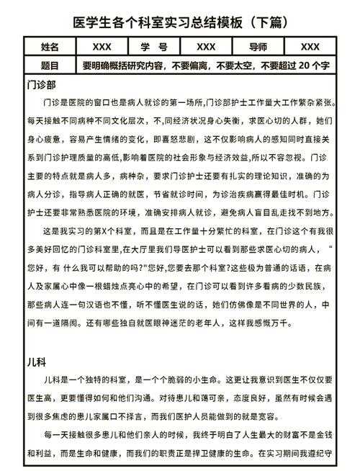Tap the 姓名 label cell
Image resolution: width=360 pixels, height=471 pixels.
[x=50, y=47]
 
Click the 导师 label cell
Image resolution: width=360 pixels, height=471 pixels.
[x=257, y=47]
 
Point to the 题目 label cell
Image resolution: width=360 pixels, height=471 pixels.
[x=50, y=65]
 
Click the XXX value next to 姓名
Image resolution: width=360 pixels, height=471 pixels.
[x=102, y=47]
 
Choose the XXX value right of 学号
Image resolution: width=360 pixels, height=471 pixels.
[x=205, y=47]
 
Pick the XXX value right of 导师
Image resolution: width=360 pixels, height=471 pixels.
[x=310, y=47]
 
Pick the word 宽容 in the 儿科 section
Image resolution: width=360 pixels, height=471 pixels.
[x=275, y=417]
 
